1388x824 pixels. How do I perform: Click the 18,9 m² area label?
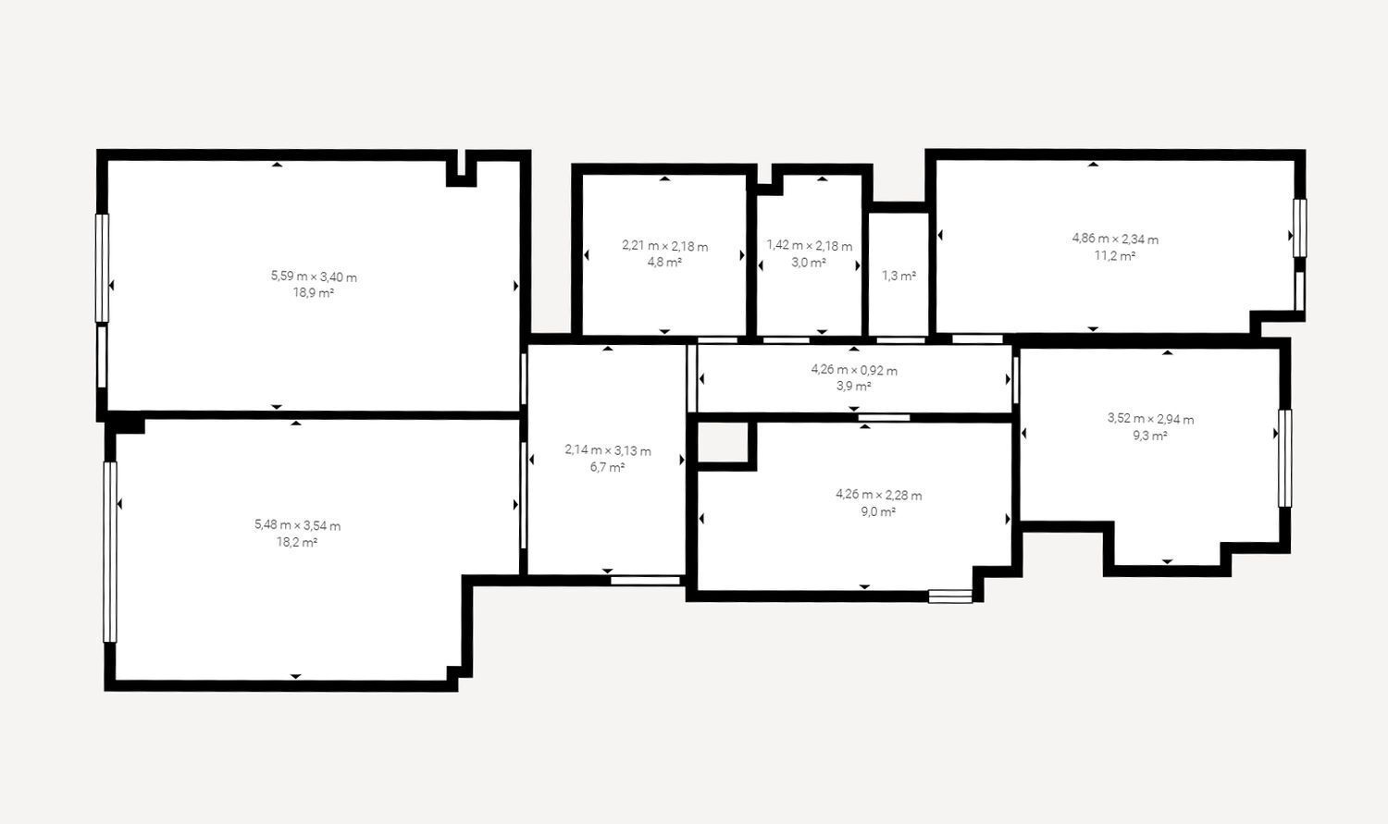coord(314,293)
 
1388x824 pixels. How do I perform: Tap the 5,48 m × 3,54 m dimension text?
coord(297,525)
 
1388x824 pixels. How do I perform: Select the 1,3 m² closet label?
coord(899,277)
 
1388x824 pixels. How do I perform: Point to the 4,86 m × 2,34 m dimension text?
coord(1115,239)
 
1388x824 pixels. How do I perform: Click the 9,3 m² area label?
coord(1151,436)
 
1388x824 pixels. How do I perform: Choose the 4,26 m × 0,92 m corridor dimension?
coord(854,371)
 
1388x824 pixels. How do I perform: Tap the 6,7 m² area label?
coord(607,467)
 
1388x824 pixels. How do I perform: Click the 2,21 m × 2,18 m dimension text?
coord(665,246)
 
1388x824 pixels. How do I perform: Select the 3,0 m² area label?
coord(809,263)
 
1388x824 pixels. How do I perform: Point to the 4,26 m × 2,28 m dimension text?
coord(879,496)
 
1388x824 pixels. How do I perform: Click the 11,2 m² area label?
coord(1115,255)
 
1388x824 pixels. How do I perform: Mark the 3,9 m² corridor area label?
coord(854,387)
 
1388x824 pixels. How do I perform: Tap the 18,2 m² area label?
coord(297,543)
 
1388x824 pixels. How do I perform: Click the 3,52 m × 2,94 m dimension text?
coord(1151,419)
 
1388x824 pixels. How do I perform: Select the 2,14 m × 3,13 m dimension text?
coord(608,450)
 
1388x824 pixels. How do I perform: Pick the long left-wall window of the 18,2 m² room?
coord(110,552)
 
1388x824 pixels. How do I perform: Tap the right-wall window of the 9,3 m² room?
coord(1285,458)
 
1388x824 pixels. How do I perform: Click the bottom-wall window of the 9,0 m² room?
coord(950,596)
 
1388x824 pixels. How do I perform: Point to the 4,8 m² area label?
coord(665,263)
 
